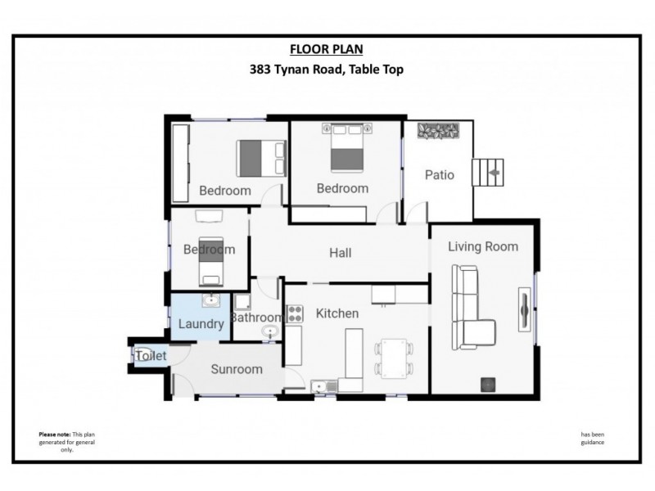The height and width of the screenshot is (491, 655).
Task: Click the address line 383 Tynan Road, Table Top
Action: (x=327, y=70)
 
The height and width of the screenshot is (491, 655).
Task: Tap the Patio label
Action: (x=439, y=175)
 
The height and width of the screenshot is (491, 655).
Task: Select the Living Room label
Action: (x=483, y=246)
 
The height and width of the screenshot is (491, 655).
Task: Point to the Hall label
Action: (x=341, y=253)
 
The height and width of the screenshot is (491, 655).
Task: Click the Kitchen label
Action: (x=337, y=313)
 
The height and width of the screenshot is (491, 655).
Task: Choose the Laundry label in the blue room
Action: (x=201, y=324)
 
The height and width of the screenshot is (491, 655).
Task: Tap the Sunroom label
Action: (x=237, y=369)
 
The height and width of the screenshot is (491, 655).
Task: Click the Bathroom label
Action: (x=256, y=318)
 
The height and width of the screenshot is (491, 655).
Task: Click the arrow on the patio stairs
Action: (x=493, y=173)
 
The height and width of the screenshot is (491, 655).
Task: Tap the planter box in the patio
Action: (x=441, y=131)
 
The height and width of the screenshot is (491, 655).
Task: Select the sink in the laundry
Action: (x=212, y=301)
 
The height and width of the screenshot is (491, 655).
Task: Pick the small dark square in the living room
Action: (x=489, y=383)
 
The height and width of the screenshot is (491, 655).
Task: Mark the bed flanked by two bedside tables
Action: (x=346, y=147)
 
